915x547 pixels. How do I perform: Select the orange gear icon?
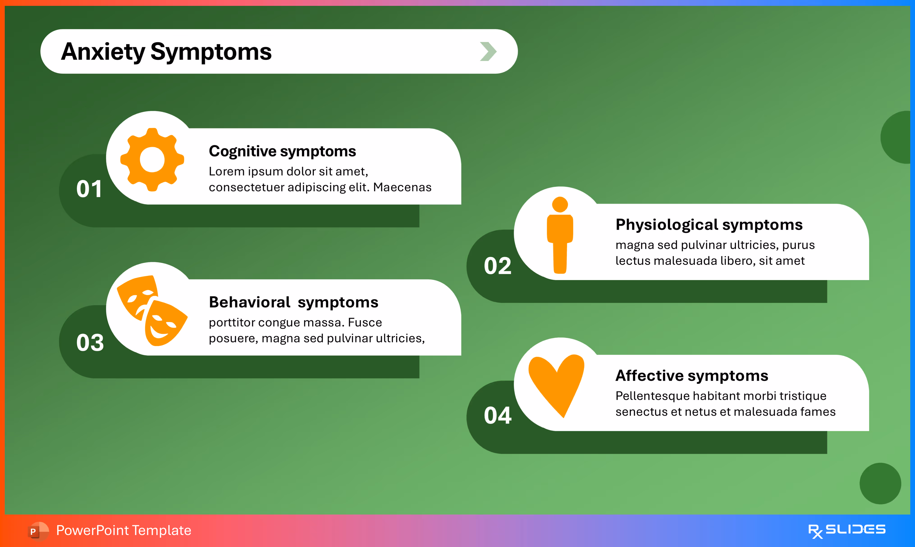152,160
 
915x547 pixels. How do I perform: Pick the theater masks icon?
152,310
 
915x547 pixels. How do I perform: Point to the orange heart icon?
556,383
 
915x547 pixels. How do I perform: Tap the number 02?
497,266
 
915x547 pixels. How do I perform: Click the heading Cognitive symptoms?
282,151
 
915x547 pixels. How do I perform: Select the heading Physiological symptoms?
709,224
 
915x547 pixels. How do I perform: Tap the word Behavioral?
249,302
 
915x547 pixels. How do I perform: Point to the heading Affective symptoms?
692,376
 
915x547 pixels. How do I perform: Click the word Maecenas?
402,187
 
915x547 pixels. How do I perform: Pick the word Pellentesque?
652,396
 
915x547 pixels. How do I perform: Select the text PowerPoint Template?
124,530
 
